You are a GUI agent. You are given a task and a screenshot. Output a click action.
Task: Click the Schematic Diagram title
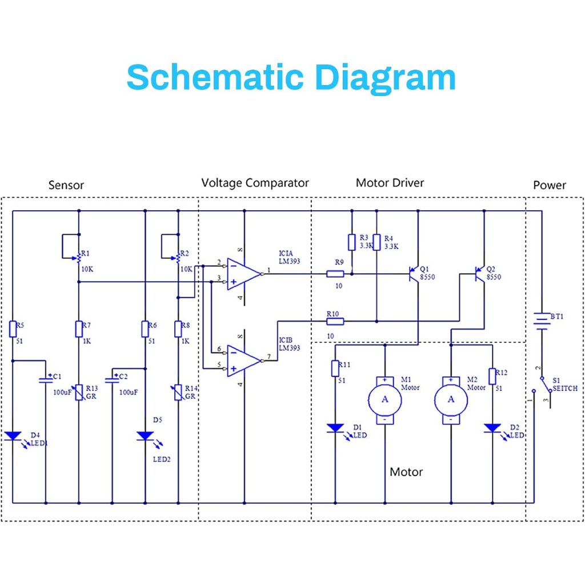click(291, 78)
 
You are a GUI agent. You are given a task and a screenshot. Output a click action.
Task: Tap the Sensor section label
click(66, 185)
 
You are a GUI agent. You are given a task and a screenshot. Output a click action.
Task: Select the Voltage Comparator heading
click(255, 183)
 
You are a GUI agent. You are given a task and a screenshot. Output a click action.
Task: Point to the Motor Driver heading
click(390, 183)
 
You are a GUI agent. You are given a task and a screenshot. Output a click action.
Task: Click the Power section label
click(549, 185)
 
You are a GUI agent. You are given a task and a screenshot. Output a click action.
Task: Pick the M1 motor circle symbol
click(384, 400)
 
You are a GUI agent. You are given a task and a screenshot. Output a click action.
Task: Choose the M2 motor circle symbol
click(451, 400)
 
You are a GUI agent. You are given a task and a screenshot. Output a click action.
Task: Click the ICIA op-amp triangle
click(243, 274)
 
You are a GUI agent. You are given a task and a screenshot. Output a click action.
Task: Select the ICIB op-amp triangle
click(243, 361)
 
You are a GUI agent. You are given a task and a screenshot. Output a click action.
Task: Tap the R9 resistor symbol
click(335, 274)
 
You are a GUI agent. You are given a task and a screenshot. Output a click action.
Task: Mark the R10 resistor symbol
click(335, 321)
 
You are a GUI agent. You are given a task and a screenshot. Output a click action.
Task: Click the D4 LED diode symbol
click(13, 436)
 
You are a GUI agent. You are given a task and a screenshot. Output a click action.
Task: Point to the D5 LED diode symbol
click(145, 436)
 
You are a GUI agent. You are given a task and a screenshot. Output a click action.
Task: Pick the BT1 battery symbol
click(542, 321)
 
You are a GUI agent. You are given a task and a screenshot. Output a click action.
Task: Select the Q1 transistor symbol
click(414, 275)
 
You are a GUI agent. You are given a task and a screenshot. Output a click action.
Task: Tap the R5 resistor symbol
click(13, 329)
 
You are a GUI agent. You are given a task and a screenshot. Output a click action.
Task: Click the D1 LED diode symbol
click(335, 428)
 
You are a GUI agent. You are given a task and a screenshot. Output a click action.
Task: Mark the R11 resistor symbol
click(335, 368)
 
